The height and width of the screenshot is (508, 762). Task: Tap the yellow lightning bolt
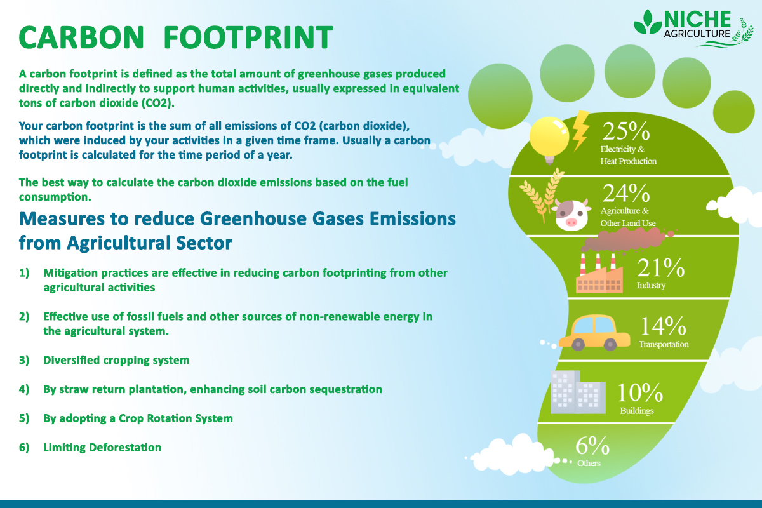tap(580, 130)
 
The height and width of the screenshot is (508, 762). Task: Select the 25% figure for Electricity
tap(626, 131)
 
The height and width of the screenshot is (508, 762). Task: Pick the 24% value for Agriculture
tap(626, 193)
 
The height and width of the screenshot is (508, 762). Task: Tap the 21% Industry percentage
tap(660, 267)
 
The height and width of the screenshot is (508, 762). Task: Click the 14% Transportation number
tap(662, 326)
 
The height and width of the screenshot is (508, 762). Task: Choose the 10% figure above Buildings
tap(640, 393)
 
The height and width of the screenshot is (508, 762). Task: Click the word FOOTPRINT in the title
tap(248, 37)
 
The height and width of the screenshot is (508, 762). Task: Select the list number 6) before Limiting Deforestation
tap(25, 448)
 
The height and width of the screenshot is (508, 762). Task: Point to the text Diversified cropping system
tap(116, 360)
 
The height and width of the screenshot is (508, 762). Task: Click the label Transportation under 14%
tap(663, 344)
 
